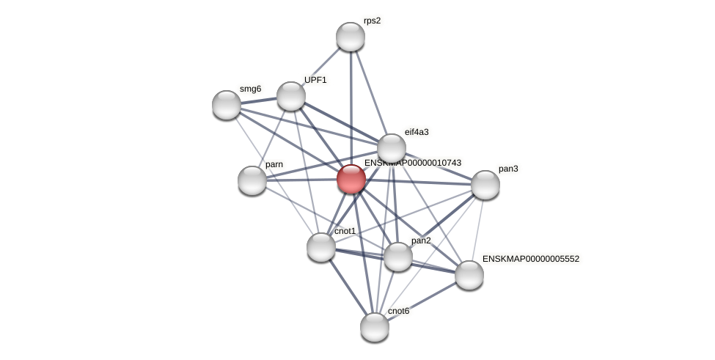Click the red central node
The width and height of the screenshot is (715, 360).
[x=351, y=179]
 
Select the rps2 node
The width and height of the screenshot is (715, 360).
[x=351, y=37]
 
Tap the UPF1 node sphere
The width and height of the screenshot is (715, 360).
[x=291, y=96]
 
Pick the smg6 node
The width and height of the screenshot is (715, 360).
[x=227, y=105]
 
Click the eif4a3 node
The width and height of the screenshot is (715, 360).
[x=392, y=147]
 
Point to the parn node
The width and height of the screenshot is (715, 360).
[x=252, y=180]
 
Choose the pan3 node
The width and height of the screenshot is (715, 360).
[x=485, y=185]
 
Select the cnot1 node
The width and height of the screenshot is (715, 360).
[x=321, y=247]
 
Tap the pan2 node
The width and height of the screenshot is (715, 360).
[x=398, y=257]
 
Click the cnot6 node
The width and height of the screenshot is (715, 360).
[x=375, y=327]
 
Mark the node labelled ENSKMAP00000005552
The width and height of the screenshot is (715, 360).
[x=469, y=275]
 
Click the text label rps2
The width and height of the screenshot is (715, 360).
[x=372, y=21]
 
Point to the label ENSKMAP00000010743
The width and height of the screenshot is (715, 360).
[x=413, y=163]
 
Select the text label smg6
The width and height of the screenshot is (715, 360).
[x=250, y=89]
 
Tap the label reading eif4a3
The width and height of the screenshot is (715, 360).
[x=417, y=132]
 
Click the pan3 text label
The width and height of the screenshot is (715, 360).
[x=508, y=169]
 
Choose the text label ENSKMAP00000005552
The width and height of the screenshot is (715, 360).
[x=531, y=259]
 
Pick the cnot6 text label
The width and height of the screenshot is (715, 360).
[x=398, y=311]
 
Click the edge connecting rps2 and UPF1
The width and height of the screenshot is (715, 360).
[x=321, y=66]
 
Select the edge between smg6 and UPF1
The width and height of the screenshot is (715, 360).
[x=259, y=100]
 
